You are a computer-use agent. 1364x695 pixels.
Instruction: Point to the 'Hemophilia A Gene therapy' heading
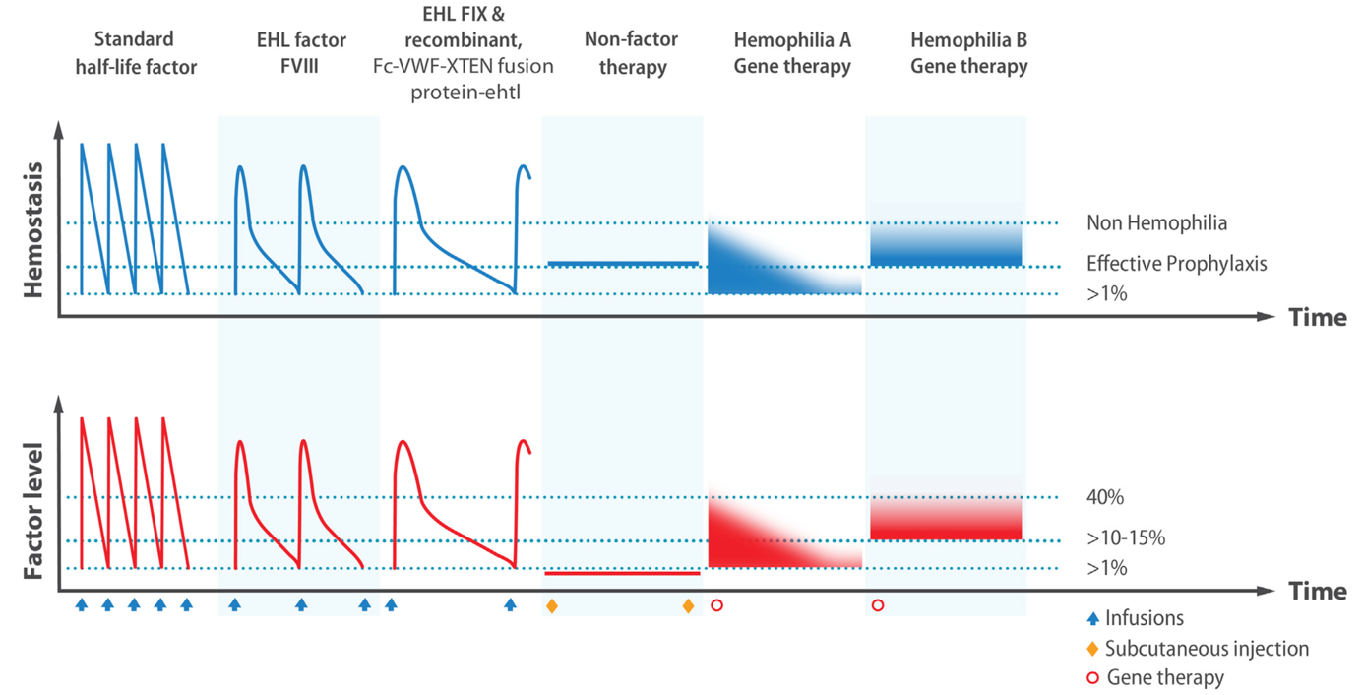792,53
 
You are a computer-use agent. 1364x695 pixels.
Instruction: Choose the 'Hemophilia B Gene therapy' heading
968,53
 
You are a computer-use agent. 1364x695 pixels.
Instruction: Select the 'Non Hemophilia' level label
1156,223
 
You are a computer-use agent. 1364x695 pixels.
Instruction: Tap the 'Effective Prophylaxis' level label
1175,264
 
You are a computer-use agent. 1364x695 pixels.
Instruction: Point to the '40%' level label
1105,498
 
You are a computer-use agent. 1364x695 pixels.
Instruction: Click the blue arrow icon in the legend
1092,619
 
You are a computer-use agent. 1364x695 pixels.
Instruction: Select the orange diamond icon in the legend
1092,649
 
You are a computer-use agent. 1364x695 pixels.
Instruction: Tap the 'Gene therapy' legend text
1165,677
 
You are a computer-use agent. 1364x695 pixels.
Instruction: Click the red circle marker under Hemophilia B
878,605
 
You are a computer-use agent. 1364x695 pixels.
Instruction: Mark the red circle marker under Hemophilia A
716,605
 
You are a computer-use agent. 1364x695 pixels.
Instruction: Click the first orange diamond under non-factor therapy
551,605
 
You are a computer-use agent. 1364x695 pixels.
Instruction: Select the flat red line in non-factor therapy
622,573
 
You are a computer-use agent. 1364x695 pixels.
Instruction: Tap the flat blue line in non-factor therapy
622,264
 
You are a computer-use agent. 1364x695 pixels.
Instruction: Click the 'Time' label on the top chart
1317,318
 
